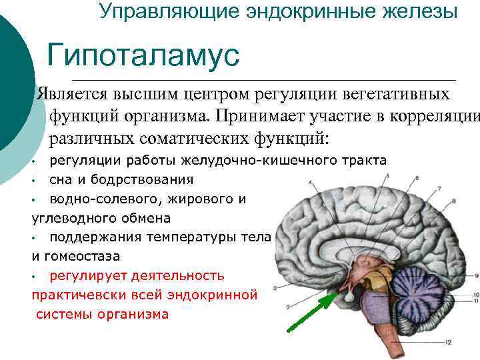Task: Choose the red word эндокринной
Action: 220,294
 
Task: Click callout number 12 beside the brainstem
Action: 449,342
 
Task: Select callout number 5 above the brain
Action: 387,176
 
